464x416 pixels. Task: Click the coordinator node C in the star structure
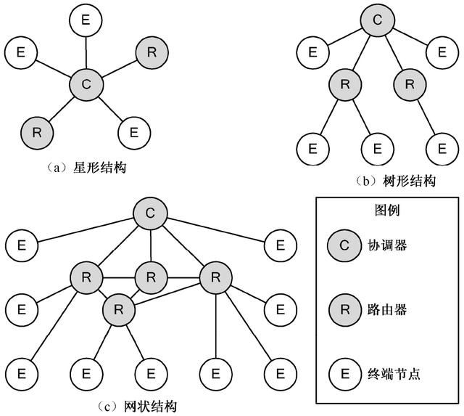(x=86, y=84)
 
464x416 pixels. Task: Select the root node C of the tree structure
(x=377, y=20)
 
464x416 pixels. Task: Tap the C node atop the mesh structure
(x=150, y=213)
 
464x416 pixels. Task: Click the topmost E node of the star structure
(x=86, y=20)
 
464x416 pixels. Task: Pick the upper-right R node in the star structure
(x=152, y=52)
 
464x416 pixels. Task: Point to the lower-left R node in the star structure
(x=37, y=133)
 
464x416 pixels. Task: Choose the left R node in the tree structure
(x=345, y=85)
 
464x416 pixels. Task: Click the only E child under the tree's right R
(x=442, y=149)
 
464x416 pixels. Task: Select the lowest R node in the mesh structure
(x=119, y=310)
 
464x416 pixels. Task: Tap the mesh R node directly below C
(x=151, y=277)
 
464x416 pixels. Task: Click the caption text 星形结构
(x=100, y=168)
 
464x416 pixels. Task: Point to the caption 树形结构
(x=409, y=181)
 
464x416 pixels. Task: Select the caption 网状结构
(x=150, y=407)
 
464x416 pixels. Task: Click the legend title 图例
(x=387, y=210)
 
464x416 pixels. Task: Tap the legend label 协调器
(x=387, y=245)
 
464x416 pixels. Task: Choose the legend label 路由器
(x=387, y=310)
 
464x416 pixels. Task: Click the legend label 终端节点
(x=394, y=374)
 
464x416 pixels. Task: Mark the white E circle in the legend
(x=345, y=374)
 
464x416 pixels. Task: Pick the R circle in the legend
(x=345, y=310)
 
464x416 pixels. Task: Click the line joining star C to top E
(x=86, y=52)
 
